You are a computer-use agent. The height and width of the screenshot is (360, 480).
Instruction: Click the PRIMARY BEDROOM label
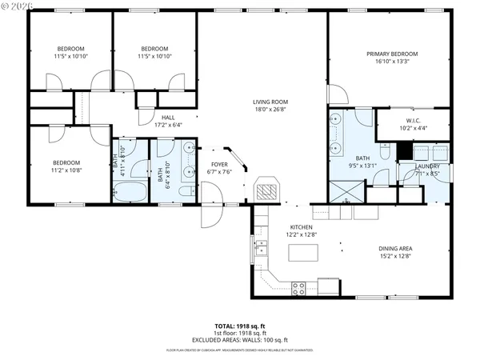[392, 54]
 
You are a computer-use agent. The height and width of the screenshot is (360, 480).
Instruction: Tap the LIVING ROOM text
[270, 102]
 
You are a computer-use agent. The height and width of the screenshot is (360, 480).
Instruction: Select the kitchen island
[302, 254]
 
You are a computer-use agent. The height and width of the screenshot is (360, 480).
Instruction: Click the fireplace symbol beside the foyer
[267, 190]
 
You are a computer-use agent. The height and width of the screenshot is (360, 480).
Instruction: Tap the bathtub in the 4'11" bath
[129, 192]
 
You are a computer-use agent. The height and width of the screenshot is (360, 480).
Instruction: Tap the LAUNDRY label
[429, 166]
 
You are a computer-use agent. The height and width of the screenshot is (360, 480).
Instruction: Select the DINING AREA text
[394, 249]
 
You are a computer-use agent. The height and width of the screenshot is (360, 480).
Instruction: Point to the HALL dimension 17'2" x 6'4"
[168, 125]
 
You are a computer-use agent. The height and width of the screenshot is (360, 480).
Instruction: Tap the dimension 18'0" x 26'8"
[270, 110]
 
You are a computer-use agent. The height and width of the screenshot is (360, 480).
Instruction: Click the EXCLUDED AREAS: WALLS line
[240, 341]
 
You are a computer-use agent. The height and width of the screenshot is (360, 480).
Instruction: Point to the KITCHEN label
[302, 226]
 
